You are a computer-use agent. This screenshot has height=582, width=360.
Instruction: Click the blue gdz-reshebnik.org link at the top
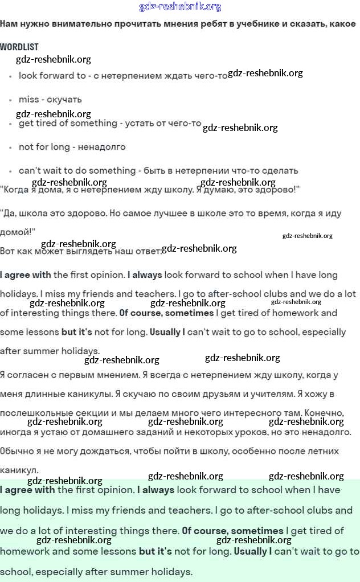tap(180, 7)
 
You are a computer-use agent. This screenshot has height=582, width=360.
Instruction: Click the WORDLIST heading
tap(19, 47)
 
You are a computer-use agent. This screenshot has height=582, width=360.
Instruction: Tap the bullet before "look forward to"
tap(10, 76)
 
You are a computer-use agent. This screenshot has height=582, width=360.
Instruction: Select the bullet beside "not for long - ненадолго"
tap(10, 147)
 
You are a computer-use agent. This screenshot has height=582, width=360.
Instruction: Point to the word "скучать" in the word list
tap(68, 100)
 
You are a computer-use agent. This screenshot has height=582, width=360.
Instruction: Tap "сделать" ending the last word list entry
tap(279, 170)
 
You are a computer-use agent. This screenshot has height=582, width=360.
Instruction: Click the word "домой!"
tap(18, 232)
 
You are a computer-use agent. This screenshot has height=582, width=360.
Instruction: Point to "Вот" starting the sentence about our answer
tap(8, 251)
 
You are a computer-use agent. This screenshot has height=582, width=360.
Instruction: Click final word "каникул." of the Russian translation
tap(19, 470)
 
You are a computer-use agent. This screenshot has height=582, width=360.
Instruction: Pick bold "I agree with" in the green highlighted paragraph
tap(27, 490)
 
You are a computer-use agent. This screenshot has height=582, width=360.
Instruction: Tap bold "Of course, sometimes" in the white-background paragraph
tap(166, 313)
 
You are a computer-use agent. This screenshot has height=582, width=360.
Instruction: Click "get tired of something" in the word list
tap(68, 123)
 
